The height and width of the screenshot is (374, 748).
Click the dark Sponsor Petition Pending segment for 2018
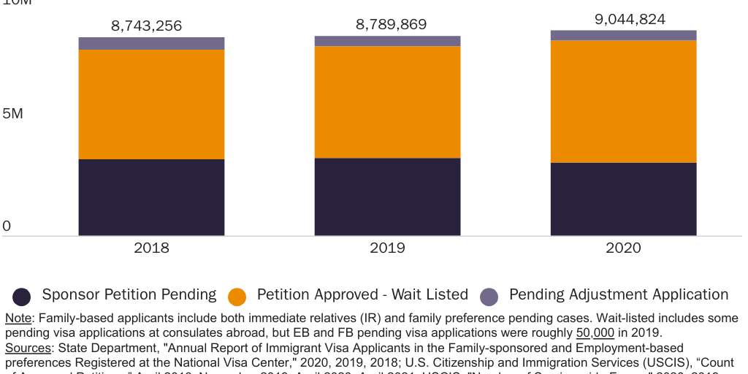[x=151, y=197]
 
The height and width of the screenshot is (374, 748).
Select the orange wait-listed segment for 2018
[x=151, y=104]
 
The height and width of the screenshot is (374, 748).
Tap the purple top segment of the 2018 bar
[x=151, y=43]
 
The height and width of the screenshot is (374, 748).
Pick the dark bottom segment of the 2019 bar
[x=387, y=196]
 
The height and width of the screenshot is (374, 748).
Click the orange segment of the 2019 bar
[x=387, y=102]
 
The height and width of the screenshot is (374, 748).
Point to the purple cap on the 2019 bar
[x=387, y=41]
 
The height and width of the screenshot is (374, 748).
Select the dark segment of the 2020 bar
[x=623, y=199]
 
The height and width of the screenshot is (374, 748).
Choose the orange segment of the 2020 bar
[x=623, y=101]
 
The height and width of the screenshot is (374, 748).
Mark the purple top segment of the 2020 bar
[x=623, y=35]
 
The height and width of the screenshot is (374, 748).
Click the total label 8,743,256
[x=147, y=26]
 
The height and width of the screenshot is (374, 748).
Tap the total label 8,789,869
[x=391, y=24]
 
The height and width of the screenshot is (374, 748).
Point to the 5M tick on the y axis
[x=12, y=114]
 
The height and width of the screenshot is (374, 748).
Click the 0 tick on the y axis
[x=7, y=226]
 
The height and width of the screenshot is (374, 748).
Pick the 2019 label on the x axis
[x=387, y=248]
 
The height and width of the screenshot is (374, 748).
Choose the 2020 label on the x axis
[x=623, y=248]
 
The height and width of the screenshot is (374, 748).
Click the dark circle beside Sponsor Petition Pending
[x=22, y=296]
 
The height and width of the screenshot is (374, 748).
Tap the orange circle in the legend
[x=237, y=296]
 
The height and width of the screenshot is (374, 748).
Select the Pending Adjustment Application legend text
[x=618, y=294]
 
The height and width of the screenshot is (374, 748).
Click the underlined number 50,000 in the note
[x=595, y=332]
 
